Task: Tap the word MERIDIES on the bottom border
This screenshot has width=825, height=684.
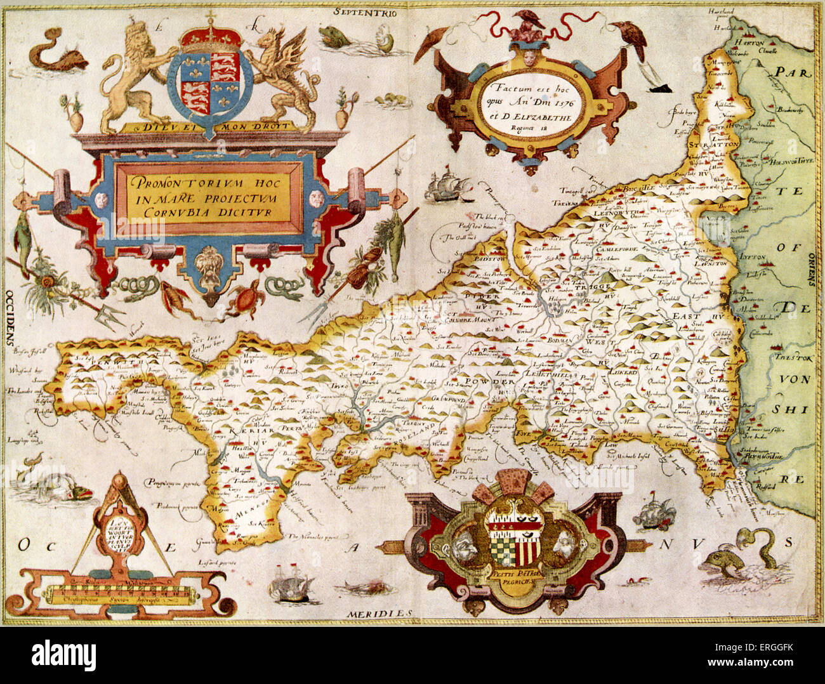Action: pyautogui.click(x=379, y=614)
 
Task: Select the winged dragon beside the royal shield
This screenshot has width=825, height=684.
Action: pyautogui.click(x=284, y=76)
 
